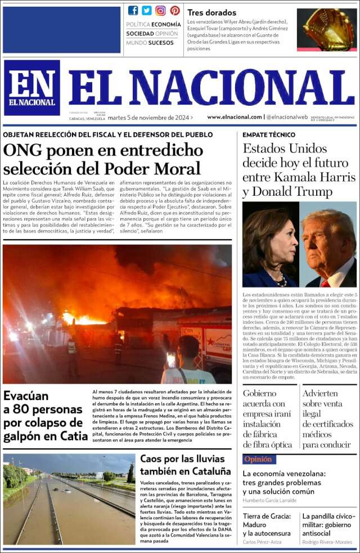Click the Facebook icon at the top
(133, 10)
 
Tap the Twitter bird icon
(147, 10)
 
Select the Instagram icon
(161, 10)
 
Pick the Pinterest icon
(175, 10)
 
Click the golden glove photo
(326, 29)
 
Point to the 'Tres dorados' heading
(211, 12)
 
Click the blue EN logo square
(32, 88)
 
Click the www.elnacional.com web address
(235, 117)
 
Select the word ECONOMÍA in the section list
(166, 24)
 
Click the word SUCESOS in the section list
(161, 43)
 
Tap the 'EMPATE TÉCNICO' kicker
(269, 135)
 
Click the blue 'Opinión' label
(259, 459)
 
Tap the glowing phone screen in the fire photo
(171, 359)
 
